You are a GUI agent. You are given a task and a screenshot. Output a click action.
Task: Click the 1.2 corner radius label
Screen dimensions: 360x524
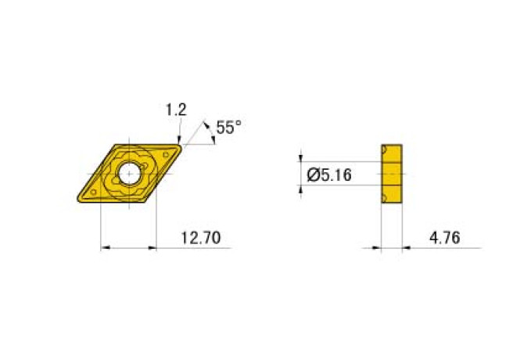click(176, 110)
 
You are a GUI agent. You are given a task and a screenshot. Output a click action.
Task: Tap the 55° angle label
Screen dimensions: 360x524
click(229, 128)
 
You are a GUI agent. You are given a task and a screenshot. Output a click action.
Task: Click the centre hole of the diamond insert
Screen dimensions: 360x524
click(129, 175)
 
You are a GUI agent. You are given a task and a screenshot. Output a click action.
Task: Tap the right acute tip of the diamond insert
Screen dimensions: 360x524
click(181, 145)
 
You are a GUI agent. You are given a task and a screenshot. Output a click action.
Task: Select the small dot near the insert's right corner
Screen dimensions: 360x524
click(164, 154)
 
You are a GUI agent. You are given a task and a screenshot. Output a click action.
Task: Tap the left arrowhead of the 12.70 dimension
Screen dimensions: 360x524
click(106, 249)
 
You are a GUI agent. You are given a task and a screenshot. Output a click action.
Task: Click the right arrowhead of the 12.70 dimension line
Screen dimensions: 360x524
click(153, 249)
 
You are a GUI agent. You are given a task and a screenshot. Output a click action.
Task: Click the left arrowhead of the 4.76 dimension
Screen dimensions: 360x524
click(378, 249)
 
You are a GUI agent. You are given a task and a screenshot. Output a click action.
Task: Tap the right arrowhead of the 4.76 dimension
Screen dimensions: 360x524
click(405, 249)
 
